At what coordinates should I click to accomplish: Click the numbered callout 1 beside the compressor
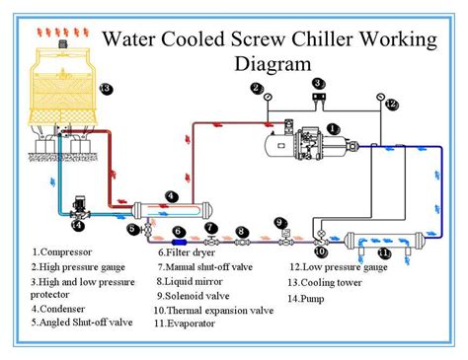pos(334,129)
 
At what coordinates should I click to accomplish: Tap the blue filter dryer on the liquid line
pos(180,243)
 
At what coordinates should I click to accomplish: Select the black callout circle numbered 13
pos(106,89)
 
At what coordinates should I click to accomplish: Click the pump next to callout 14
pos(80,209)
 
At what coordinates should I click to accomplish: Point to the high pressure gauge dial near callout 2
pos(268,97)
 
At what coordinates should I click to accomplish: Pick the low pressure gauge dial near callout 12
pos(381,97)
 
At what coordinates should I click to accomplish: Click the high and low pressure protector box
pos(319,97)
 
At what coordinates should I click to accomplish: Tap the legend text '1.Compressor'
pos(62,252)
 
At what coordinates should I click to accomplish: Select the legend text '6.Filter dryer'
pos(187,252)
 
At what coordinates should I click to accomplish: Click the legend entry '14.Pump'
pos(306,299)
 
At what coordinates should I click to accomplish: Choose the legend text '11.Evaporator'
pos(185,324)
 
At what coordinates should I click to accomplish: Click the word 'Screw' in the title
pos(258,39)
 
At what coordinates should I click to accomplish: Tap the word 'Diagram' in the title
pos(273,64)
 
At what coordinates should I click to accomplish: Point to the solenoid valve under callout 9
pos(285,239)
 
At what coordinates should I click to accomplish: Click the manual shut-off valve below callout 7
pos(211,241)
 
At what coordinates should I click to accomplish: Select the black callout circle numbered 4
pos(172,197)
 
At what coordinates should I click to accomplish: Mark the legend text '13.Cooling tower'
pos(325,283)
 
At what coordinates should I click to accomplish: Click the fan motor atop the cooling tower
pos(63,43)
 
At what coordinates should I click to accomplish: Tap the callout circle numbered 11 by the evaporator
pos(384,253)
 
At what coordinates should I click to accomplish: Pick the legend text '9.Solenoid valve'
pos(193,296)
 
